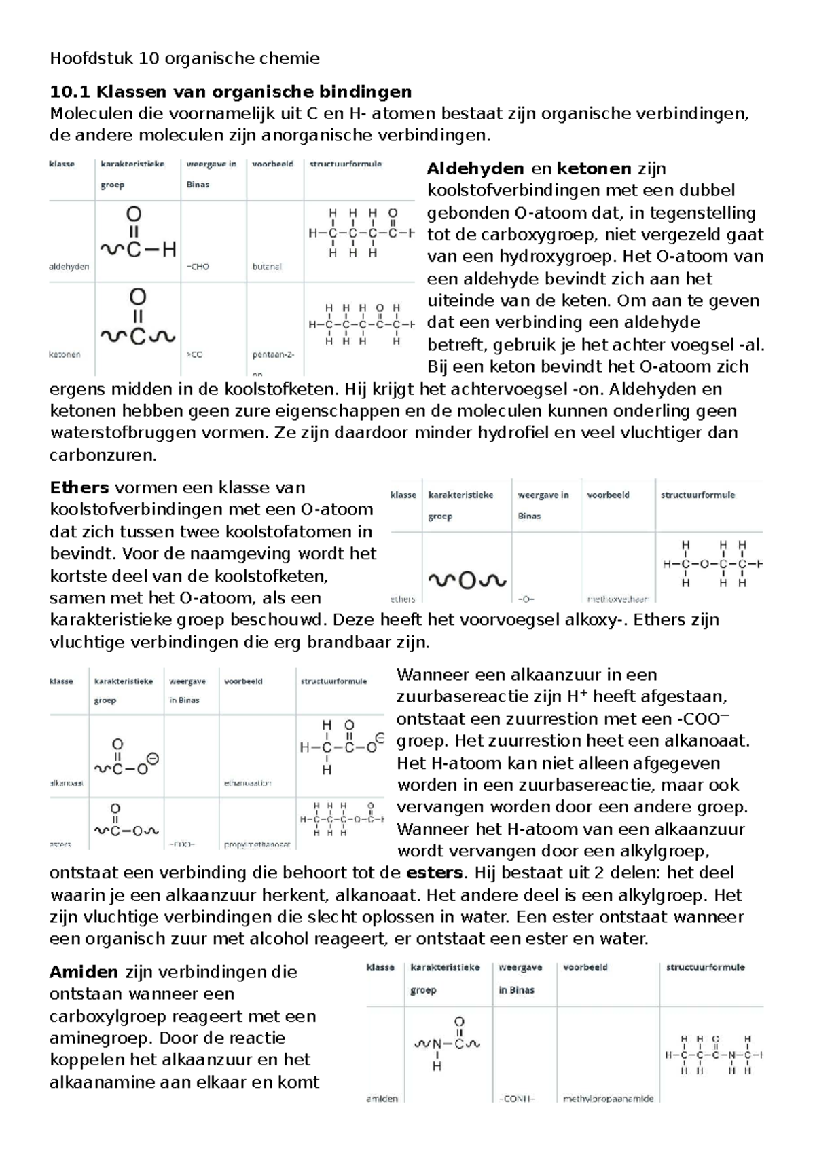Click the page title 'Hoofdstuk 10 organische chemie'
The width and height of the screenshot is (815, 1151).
(184, 59)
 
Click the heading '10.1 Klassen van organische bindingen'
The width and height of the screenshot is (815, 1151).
(231, 91)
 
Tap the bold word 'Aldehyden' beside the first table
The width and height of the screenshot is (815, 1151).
(475, 168)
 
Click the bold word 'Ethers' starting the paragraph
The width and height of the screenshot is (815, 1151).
(79, 487)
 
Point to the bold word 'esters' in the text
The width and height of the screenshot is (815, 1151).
(435, 873)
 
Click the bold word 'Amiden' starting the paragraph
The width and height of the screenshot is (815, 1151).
(84, 972)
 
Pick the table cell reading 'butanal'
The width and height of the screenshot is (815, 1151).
(267, 267)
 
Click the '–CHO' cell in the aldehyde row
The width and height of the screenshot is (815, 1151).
(198, 267)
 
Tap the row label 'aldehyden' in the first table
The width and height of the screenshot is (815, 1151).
(69, 267)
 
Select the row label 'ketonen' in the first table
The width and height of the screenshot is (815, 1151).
(65, 354)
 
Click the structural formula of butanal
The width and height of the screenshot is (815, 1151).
(361, 233)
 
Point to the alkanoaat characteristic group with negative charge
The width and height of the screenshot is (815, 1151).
(126, 759)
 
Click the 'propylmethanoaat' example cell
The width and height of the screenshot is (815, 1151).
(257, 845)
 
